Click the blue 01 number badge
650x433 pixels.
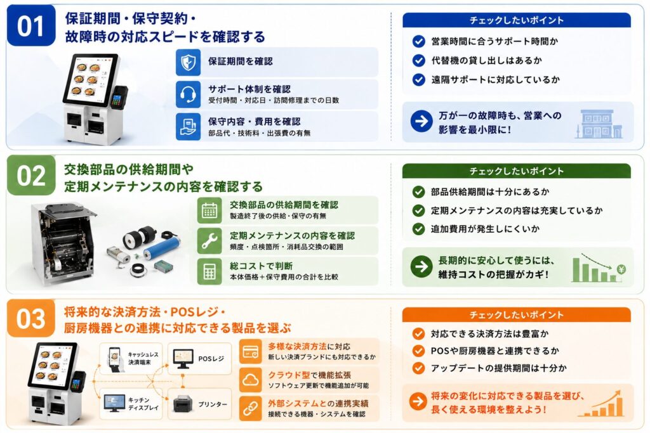[x=31, y=25]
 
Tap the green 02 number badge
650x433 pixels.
[x=31, y=175]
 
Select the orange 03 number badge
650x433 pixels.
[x=31, y=318]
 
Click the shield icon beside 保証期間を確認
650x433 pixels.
[x=188, y=62]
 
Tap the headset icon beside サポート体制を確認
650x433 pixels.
[x=188, y=94]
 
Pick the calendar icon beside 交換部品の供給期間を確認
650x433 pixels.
[x=209, y=210]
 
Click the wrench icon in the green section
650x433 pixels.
[x=209, y=240]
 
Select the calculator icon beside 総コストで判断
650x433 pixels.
[x=209, y=271]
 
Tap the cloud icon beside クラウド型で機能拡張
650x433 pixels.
[x=250, y=380]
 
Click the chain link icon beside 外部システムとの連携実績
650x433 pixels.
[x=250, y=408]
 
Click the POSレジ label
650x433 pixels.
[x=211, y=359]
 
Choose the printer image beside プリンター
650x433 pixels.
[x=182, y=403]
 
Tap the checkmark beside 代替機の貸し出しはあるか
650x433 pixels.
[x=419, y=60]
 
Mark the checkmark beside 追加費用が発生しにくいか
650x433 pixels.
[x=419, y=229]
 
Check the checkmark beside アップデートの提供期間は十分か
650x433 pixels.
[x=419, y=368]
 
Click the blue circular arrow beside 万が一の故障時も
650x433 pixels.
[x=421, y=121]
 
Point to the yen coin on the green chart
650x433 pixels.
[x=621, y=269]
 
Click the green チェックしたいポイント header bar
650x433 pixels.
[x=517, y=171]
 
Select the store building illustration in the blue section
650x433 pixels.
[x=599, y=124]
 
